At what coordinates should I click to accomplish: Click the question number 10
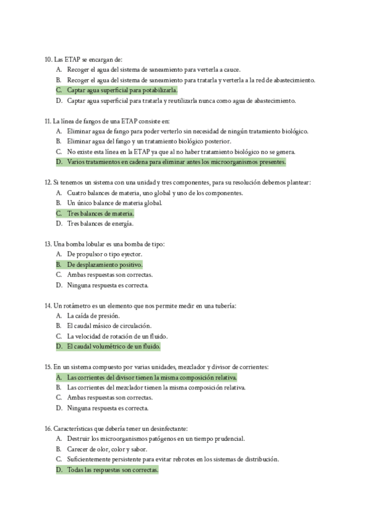coord(49,59)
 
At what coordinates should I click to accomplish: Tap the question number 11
coord(49,121)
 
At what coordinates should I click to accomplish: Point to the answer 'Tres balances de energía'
coord(100,223)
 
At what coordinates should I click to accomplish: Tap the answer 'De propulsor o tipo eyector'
coord(104,254)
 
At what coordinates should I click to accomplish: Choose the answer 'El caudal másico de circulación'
coord(109,326)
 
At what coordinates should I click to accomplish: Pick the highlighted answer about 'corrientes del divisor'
coord(152,377)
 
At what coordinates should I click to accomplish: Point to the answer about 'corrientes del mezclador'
coord(156,388)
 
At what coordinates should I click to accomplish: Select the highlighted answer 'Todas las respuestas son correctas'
coord(113,469)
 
